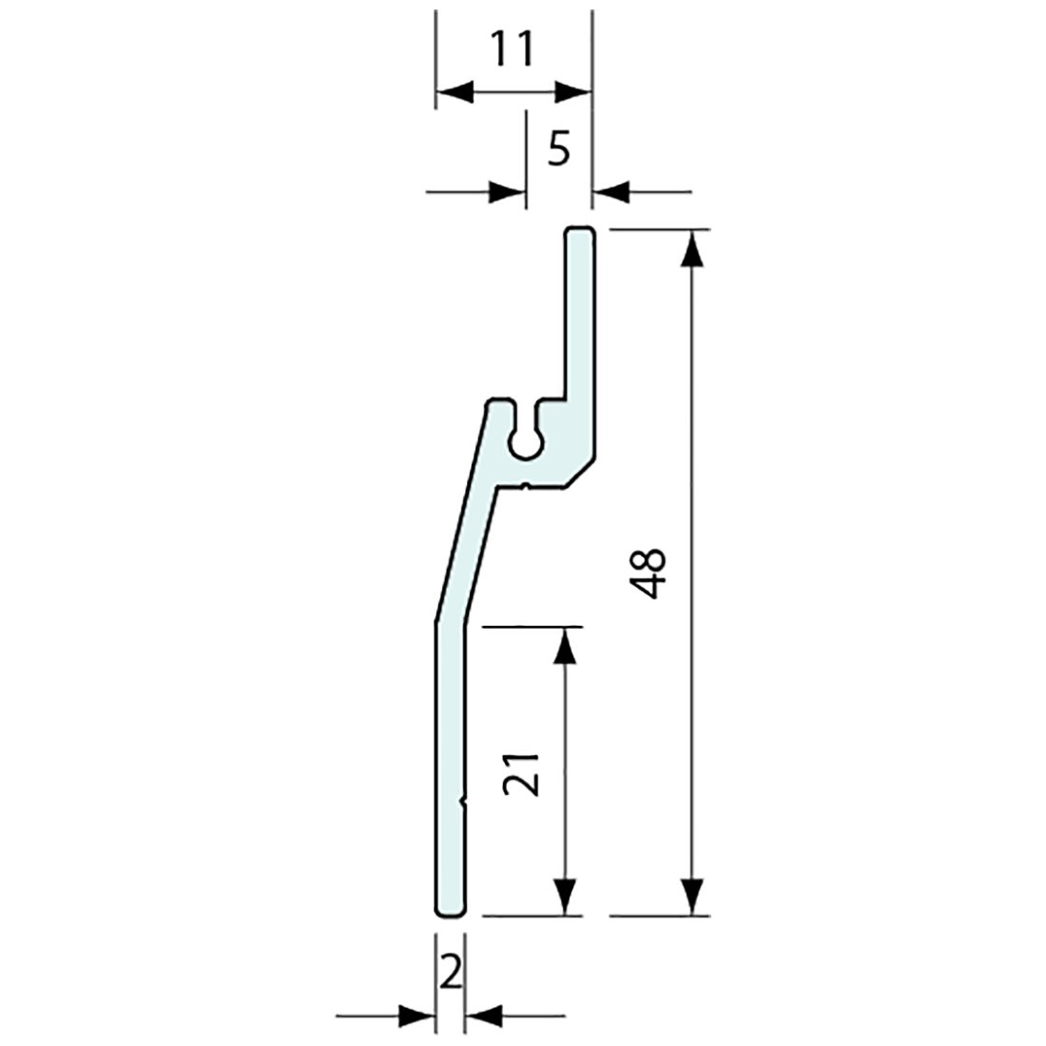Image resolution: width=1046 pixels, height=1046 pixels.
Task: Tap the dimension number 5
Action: pos(559,148)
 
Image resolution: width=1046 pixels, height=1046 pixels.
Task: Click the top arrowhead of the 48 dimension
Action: pos(695,246)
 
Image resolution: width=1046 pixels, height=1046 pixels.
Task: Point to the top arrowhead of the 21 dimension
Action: pos(566,645)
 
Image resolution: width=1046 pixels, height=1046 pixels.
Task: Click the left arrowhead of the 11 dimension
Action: pos(455,92)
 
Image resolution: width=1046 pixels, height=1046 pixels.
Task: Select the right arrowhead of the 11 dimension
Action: pos(572,92)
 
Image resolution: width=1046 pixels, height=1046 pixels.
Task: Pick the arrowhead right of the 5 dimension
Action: pos(611,193)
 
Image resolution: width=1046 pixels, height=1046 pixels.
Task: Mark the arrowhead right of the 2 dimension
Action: pos(485,1015)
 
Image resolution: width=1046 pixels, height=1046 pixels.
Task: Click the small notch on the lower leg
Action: pos(463,802)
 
